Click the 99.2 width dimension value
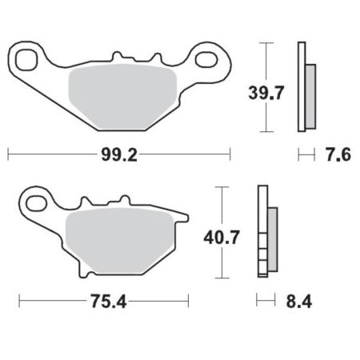[119, 155]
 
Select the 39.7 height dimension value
[266, 93]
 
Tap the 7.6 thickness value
[338, 154]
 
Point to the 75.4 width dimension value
[108, 302]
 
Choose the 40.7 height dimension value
[222, 238]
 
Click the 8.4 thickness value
[299, 302]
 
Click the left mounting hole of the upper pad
[26, 60]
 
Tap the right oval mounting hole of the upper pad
[206, 59]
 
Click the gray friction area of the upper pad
[122, 97]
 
